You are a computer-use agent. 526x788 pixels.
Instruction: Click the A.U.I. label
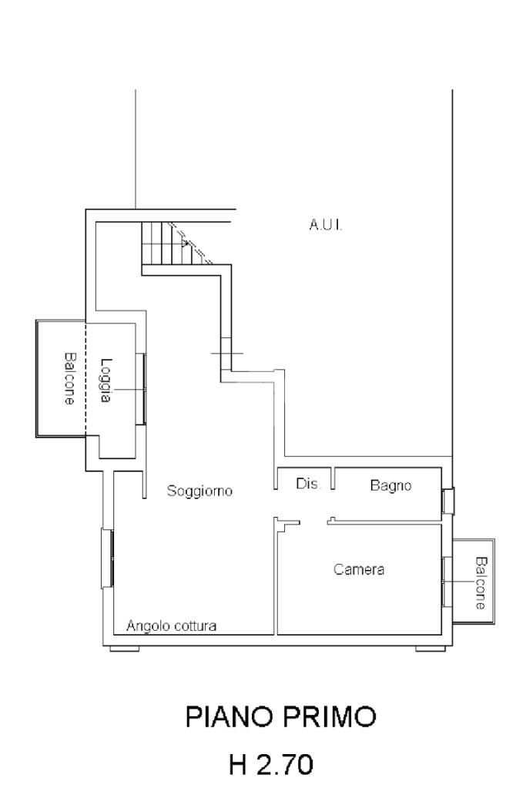[x=324, y=225]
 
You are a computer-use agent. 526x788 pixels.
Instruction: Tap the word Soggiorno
[x=199, y=491]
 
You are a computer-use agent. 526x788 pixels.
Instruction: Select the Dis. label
[x=307, y=485]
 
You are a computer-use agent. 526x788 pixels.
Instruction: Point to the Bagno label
[x=390, y=486]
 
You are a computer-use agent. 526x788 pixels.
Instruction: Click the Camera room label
[x=359, y=570]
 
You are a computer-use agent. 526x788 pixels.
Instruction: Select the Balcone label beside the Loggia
[x=69, y=379]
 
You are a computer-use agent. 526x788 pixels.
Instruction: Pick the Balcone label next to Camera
[x=481, y=583]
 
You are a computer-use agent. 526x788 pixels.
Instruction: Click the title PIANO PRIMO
[x=281, y=718]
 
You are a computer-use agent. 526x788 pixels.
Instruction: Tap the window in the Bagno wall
[x=447, y=501]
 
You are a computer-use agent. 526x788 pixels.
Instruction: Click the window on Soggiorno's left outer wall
[x=108, y=558]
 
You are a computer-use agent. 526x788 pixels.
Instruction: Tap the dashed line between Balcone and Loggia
[x=85, y=379]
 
